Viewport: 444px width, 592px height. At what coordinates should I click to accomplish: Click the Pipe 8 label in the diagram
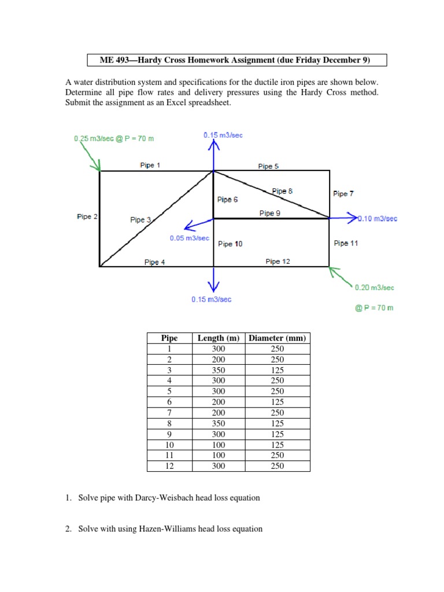[282, 191]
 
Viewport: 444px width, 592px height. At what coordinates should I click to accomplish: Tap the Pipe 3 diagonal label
[140, 220]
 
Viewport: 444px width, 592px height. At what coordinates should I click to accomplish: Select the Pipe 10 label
[230, 244]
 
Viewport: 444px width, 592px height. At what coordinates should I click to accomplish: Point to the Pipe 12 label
[277, 261]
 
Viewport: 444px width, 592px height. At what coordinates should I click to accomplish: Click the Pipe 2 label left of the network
[87, 217]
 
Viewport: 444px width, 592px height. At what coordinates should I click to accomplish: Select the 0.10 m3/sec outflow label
[378, 219]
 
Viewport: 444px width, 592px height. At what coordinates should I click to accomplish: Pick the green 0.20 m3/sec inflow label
[375, 287]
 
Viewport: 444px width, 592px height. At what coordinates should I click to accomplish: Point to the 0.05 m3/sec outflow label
[189, 238]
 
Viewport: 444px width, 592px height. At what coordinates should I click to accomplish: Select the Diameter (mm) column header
[277, 338]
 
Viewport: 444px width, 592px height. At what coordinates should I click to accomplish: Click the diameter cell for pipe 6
[277, 402]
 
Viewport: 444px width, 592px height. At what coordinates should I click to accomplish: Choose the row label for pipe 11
[169, 455]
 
